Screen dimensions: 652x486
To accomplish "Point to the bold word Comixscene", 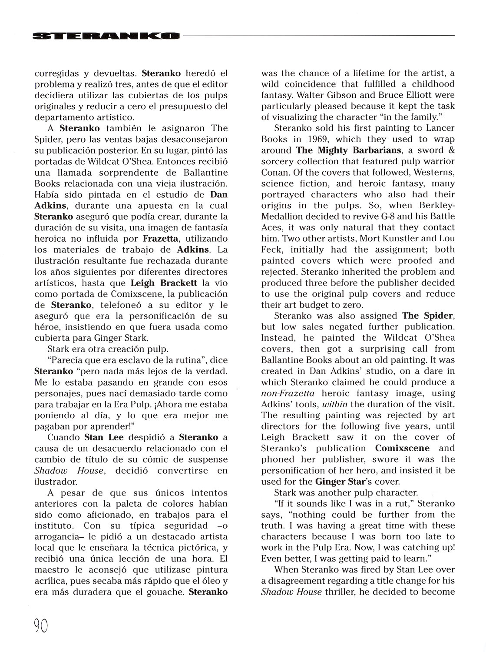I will pos(402,448).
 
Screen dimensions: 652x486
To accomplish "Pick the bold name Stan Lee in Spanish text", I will pos(100,437).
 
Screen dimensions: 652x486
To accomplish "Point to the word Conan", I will pos(274,172).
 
